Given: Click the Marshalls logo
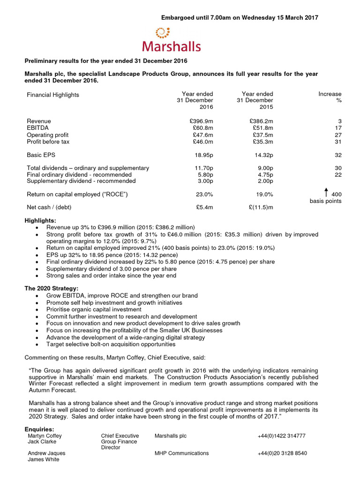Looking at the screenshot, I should tap(172, 39).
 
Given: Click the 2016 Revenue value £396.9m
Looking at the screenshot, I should tap(200, 121).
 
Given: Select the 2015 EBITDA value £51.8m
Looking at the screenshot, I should tap(262, 127).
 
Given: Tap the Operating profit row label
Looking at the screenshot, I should tap(48, 135).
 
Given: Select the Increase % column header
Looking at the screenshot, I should tap(330, 97).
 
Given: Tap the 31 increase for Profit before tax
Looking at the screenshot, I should tap(338, 142).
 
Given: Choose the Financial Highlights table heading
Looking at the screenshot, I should tap(53, 95).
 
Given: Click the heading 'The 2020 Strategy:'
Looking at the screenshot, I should tap(52, 288).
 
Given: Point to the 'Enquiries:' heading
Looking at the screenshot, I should tap(39, 429).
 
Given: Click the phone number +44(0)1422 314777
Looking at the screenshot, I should tap(281, 436).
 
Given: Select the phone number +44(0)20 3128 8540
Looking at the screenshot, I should tap(282, 453).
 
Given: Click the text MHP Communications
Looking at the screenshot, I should tap(181, 453).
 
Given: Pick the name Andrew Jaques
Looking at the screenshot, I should tap(46, 453).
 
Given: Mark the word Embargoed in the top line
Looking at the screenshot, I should tap(180, 18).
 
